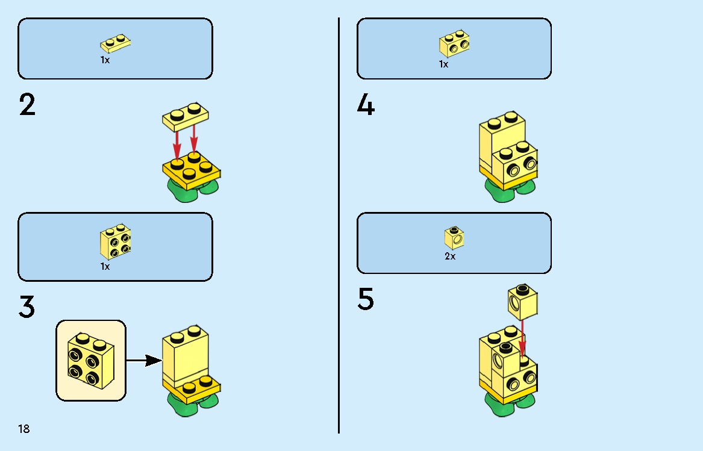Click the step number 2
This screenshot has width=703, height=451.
pyautogui.click(x=27, y=105)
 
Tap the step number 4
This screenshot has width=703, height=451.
pyautogui.click(x=366, y=105)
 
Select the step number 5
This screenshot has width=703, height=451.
pyautogui.click(x=366, y=299)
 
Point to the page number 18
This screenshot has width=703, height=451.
pyautogui.click(x=23, y=429)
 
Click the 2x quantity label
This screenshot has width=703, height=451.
pyautogui.click(x=450, y=257)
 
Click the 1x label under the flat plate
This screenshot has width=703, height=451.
pyautogui.click(x=105, y=60)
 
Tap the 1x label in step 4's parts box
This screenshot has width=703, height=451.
pyautogui.click(x=443, y=64)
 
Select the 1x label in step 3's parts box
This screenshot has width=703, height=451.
pyautogui.click(x=105, y=267)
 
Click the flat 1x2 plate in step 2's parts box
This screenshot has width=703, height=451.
pyautogui.click(x=115, y=43)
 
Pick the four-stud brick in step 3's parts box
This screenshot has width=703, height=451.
pyautogui.click(x=115, y=241)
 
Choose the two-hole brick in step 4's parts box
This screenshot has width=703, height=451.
pyautogui.click(x=454, y=43)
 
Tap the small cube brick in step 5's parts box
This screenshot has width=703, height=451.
pyautogui.click(x=454, y=238)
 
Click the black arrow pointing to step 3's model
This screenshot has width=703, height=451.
pyautogui.click(x=145, y=360)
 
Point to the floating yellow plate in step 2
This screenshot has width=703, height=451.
pyautogui.click(x=185, y=117)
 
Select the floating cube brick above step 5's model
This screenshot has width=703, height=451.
pyautogui.click(x=522, y=303)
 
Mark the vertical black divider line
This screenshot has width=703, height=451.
pyautogui.click(x=339, y=225)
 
